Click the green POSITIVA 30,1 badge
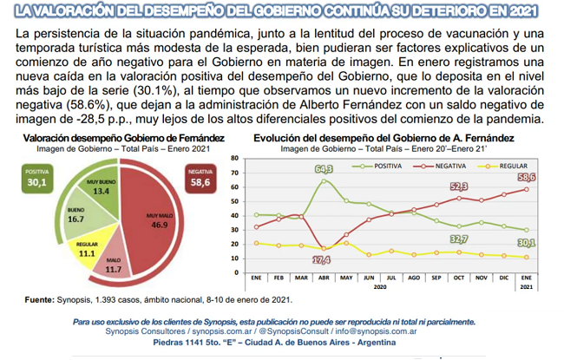pos(37,179)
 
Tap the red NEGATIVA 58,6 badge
pos(200,179)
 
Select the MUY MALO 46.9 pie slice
pos(151,219)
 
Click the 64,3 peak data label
pos(324,168)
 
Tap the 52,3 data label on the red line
pos(459,187)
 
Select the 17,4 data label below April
pos(322,259)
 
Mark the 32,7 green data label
pos(459,239)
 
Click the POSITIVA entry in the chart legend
pos(377,167)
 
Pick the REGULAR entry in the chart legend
pos(502,167)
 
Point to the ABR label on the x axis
pos(324,278)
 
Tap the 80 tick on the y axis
pos(234,158)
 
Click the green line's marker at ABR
pos(324,181)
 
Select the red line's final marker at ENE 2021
pos(526,189)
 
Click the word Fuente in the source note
pos(40,299)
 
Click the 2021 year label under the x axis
pos(526,287)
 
